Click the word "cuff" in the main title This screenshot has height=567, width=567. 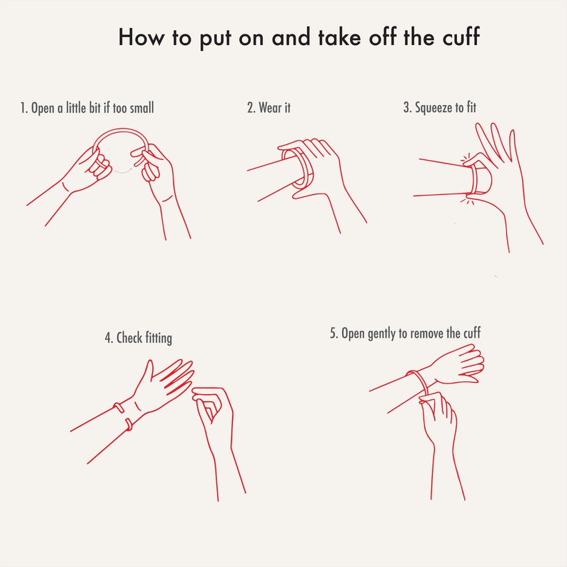pyautogui.click(x=461, y=36)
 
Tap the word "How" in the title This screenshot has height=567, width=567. pyautogui.click(x=141, y=37)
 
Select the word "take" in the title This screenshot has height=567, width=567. pyautogui.click(x=339, y=37)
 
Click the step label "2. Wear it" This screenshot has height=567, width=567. pyautogui.click(x=269, y=107)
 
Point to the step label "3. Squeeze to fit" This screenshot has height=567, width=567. pyautogui.click(x=440, y=107)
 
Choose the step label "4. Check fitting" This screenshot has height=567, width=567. pyautogui.click(x=138, y=338)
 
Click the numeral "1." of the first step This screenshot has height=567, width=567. pyautogui.click(x=24, y=108)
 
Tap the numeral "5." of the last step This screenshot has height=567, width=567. pyautogui.click(x=333, y=333)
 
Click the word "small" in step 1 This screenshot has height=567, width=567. pyautogui.click(x=141, y=107)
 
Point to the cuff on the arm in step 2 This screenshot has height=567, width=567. pyautogui.click(x=298, y=168)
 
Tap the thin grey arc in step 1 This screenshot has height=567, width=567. pyautogui.click(x=122, y=171)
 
